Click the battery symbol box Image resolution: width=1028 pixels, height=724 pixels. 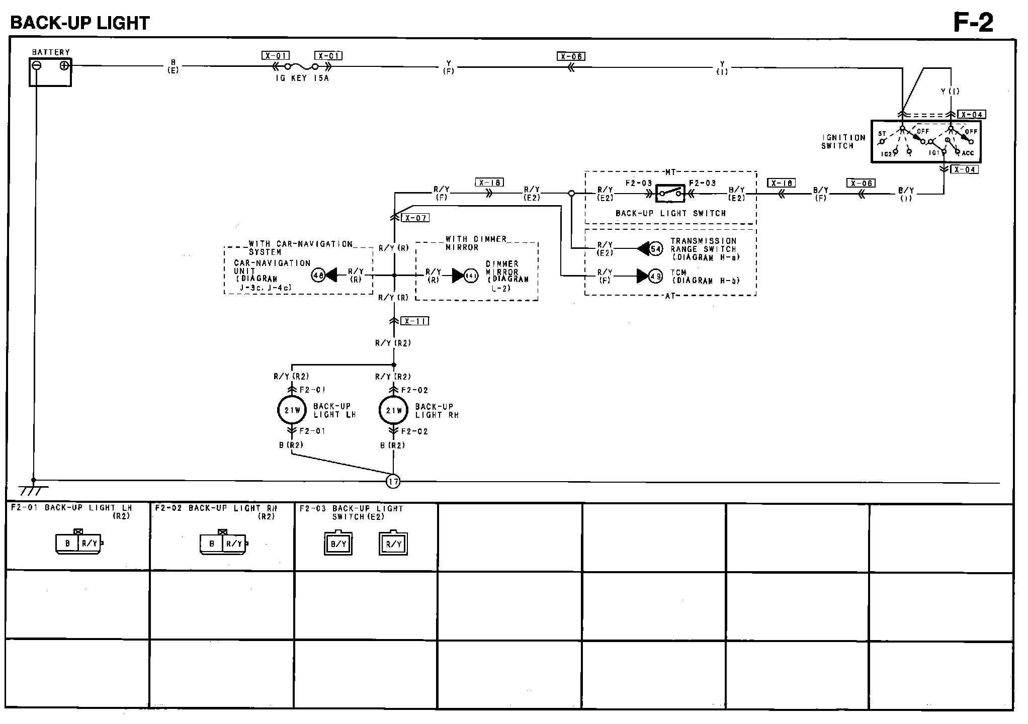coord(50,72)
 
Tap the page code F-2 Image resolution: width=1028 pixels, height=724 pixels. coord(973,23)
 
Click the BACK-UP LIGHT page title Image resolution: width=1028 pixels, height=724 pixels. coord(80,23)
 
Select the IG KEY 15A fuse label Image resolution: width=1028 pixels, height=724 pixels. coord(302,78)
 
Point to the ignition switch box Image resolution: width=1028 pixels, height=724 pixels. coord(925,141)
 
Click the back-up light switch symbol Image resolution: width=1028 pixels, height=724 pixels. coord(670,193)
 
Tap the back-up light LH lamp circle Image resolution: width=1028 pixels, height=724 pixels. coord(292,410)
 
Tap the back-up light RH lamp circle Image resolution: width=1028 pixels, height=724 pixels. coord(394,410)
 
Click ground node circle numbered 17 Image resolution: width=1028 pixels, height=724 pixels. coord(393,482)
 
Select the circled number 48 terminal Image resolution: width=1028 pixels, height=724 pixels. coord(318,275)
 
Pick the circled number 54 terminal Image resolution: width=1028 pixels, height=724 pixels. coord(655,248)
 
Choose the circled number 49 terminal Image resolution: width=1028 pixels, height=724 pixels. coord(655,276)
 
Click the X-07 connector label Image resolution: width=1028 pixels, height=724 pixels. coord(415,218)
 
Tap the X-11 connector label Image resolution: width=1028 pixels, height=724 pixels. coord(415,321)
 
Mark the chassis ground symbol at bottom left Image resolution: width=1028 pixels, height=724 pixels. coord(33,488)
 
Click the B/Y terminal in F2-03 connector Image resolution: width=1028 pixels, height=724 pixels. coord(338,544)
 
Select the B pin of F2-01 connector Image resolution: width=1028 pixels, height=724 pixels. coord(67,544)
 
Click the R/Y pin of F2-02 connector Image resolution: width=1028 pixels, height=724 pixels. coord(234,544)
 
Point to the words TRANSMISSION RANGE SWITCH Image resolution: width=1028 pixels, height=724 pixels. coord(703,245)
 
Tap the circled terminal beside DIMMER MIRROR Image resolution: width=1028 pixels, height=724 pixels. coord(471,276)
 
